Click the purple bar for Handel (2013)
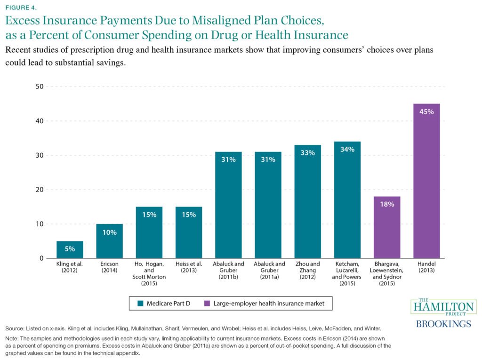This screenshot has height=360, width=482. pyautogui.click(x=426, y=181)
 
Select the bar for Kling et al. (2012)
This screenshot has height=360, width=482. pyautogui.click(x=70, y=250)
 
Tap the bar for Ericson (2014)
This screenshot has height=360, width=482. pyautogui.click(x=109, y=241)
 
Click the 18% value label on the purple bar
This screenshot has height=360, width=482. pyautogui.click(x=387, y=204)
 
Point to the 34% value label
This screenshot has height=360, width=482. pyautogui.click(x=347, y=150)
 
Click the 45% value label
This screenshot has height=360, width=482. pyautogui.click(x=426, y=112)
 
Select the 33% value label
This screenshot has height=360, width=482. pyautogui.click(x=307, y=153)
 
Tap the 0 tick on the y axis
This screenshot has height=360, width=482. pyautogui.click(x=41, y=258)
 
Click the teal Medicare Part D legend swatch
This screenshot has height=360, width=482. pyautogui.click(x=140, y=304)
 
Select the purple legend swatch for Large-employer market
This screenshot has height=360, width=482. pyautogui.click(x=209, y=304)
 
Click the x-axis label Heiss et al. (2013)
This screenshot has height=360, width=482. pyautogui.click(x=188, y=267)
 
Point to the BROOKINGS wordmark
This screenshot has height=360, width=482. pyautogui.click(x=443, y=324)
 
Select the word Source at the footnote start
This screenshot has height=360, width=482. pyautogui.click(x=16, y=328)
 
